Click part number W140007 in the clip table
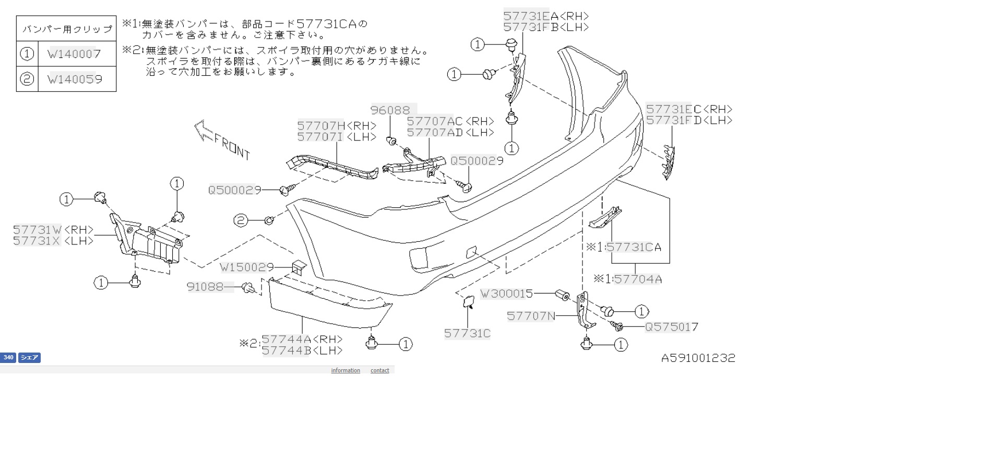(x=74, y=54)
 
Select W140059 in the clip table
(x=75, y=79)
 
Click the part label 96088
(x=390, y=110)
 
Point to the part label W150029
(x=247, y=267)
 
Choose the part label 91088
(x=205, y=287)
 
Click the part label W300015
(x=507, y=294)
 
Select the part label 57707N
(x=531, y=316)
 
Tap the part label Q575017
(x=672, y=327)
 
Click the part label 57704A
(x=638, y=279)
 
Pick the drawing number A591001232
(x=698, y=358)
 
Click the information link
(x=346, y=370)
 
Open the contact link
(x=380, y=370)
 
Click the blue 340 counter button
(x=8, y=358)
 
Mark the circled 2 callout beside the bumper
(x=241, y=220)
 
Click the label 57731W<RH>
(x=53, y=230)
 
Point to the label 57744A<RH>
(x=302, y=339)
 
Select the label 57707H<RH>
(x=337, y=126)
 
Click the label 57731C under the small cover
(x=468, y=334)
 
